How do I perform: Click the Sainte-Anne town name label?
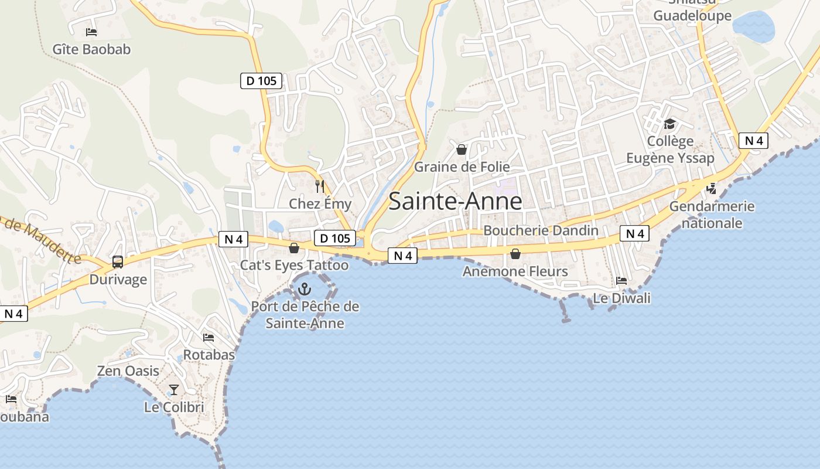point(455,201)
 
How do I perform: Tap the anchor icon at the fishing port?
point(305,288)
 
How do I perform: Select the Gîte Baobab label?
point(91,49)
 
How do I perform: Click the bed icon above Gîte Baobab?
point(91,32)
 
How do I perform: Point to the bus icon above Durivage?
point(118,262)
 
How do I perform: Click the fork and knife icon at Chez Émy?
point(320,186)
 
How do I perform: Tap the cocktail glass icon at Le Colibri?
point(174,389)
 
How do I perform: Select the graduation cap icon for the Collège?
point(669,124)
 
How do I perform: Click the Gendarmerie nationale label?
point(712,215)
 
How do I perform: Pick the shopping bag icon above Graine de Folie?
point(462,149)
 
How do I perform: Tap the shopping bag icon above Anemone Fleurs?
point(515,254)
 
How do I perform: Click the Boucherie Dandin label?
point(541,230)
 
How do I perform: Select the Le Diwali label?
point(621,298)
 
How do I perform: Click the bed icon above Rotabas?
point(209,337)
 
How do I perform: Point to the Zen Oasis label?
point(128,371)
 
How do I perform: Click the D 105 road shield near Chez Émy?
point(336,238)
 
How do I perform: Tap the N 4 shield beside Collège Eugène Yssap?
point(753,141)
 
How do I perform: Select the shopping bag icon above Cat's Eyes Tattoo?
point(294,249)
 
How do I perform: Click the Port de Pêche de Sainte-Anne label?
point(305,315)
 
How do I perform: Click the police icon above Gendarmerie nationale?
point(712,189)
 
